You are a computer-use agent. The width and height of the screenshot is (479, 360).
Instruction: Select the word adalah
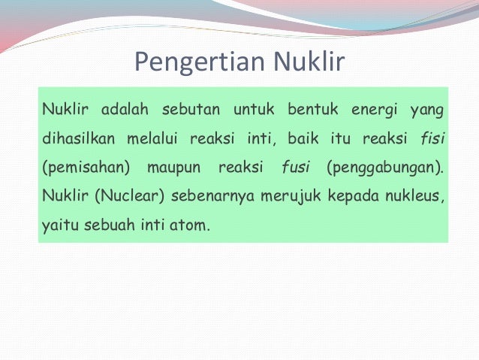click(123, 111)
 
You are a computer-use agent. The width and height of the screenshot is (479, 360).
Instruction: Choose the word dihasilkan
click(79, 139)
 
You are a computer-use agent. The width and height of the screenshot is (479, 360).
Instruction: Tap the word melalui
click(153, 139)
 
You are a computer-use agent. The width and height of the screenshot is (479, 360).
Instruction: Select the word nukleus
click(410, 195)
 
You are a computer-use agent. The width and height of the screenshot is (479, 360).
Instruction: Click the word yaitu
click(58, 222)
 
